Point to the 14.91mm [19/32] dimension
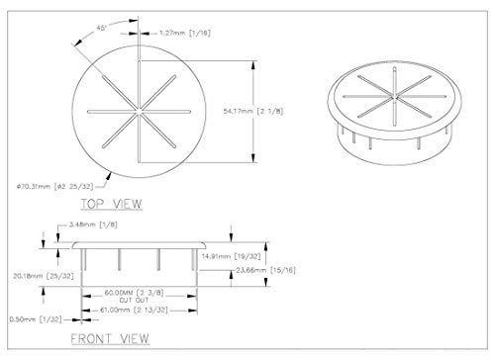coord(256,253)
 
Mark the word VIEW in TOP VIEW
coord(125,205)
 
